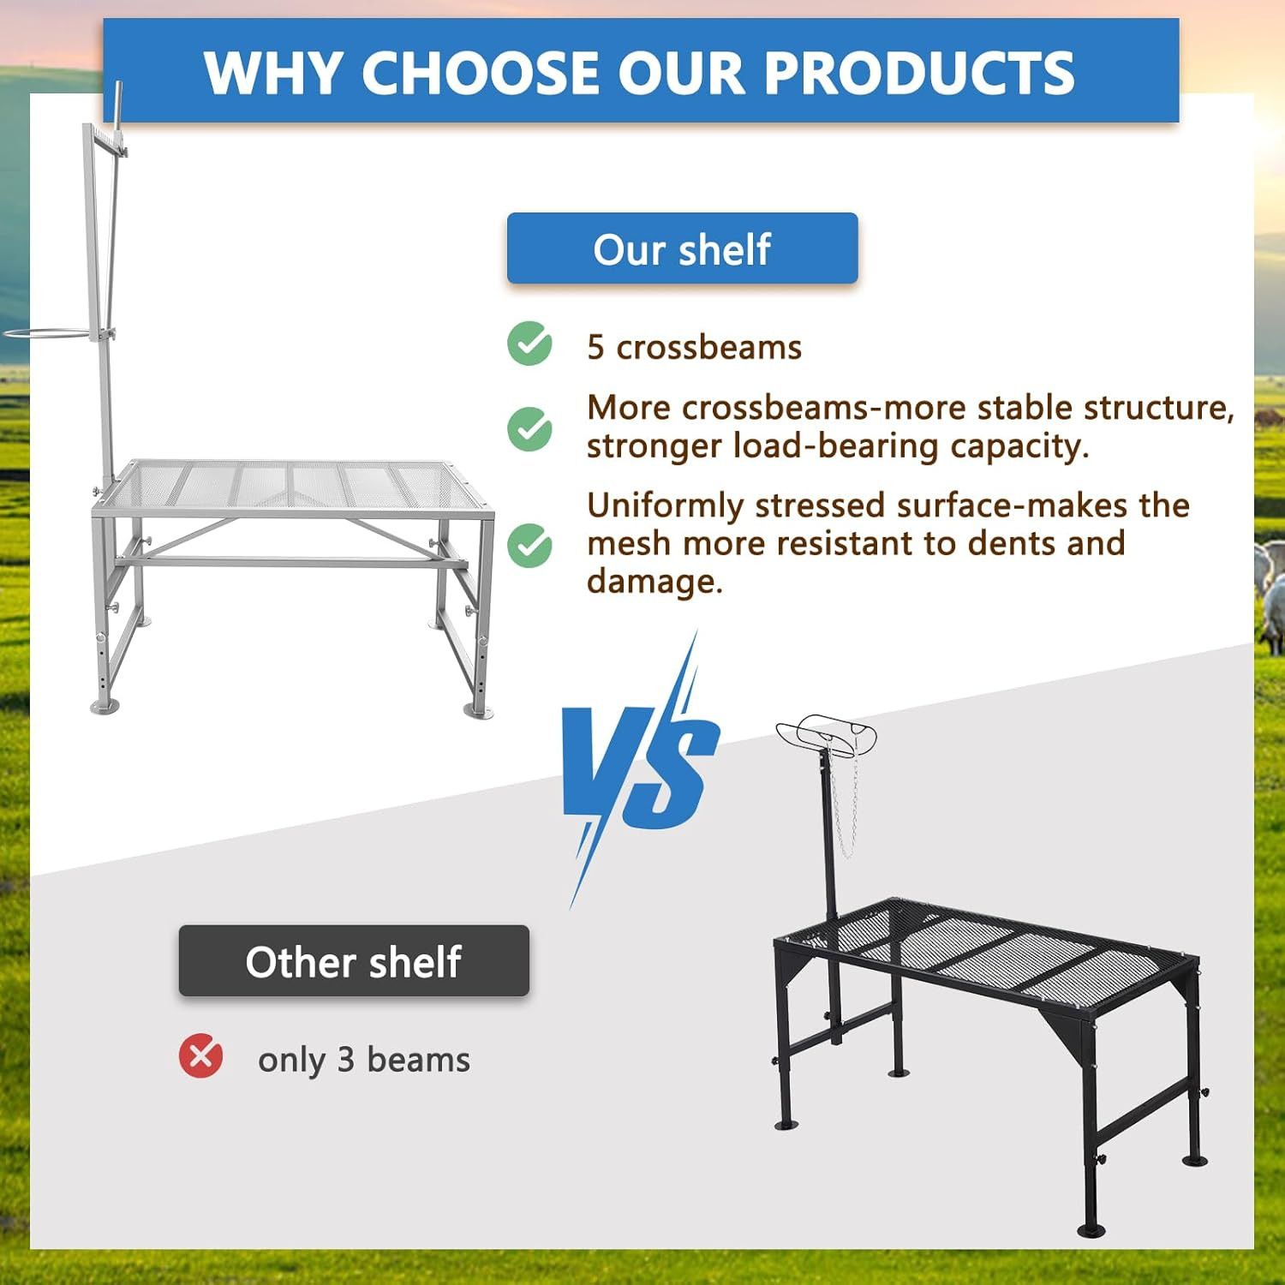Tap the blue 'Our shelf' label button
pyautogui.click(x=682, y=248)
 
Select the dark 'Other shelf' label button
pyautogui.click(x=354, y=961)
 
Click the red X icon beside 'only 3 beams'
pyautogui.click(x=200, y=1055)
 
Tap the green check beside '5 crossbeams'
pyautogui.click(x=529, y=344)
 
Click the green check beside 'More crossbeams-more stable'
pyautogui.click(x=529, y=428)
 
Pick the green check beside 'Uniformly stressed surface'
pyautogui.click(x=529, y=545)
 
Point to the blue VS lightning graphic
pyautogui.click(x=638, y=767)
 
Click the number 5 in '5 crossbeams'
pyautogui.click(x=595, y=348)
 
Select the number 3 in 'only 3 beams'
pyautogui.click(x=345, y=1061)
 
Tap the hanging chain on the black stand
pyautogui.click(x=845, y=805)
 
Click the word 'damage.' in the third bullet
pyautogui.click(x=654, y=582)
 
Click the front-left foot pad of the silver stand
pyautogui.click(x=105, y=707)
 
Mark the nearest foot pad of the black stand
pyautogui.click(x=1091, y=1230)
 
